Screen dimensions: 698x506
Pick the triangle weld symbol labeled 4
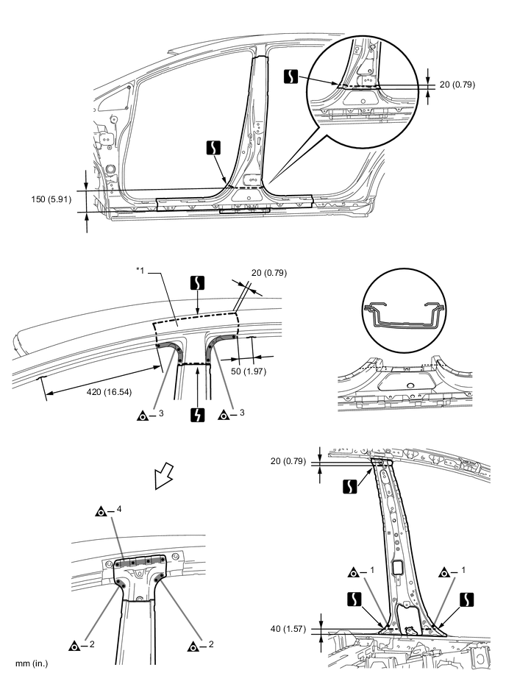pyautogui.click(x=101, y=510)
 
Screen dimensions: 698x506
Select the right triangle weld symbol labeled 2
pyautogui.click(x=194, y=647)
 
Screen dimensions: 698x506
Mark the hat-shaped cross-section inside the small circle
pyautogui.click(x=403, y=313)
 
